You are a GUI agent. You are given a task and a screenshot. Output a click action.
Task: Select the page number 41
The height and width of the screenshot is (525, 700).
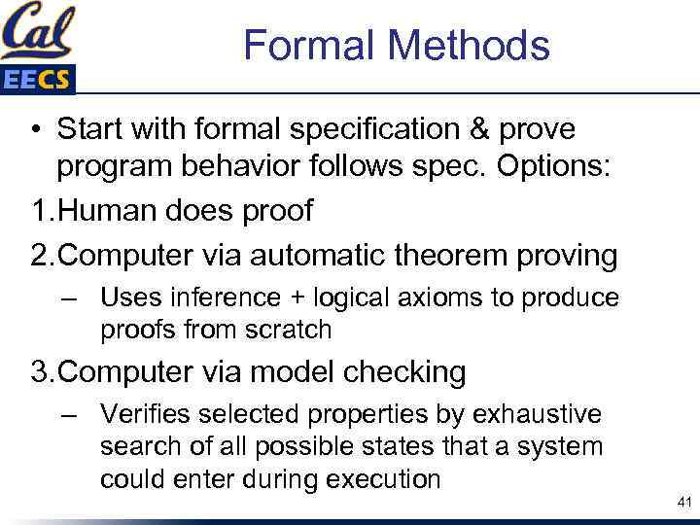pyautogui.click(x=682, y=503)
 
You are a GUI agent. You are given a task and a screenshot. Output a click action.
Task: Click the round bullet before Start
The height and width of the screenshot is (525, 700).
pyautogui.click(x=34, y=129)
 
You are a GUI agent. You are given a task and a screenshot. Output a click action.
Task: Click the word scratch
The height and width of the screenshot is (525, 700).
pyautogui.click(x=290, y=330)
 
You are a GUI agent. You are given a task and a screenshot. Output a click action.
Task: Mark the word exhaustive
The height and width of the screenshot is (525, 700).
pyautogui.click(x=537, y=415)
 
